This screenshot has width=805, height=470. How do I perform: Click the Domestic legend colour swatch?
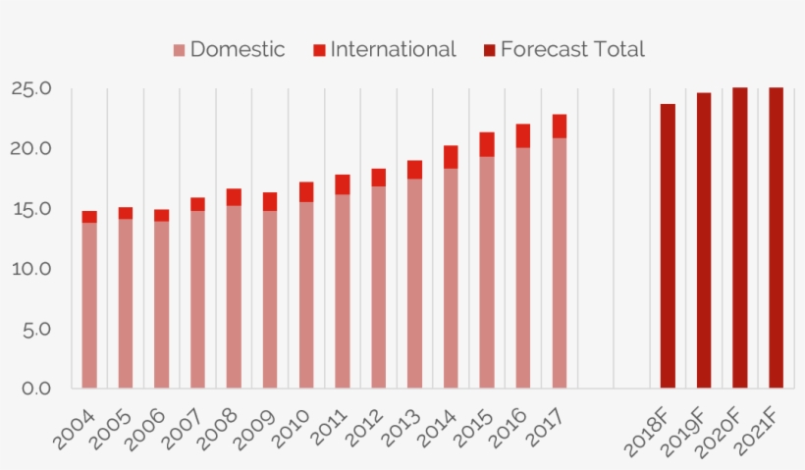tap(179, 50)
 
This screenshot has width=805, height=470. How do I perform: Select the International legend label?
tap(393, 49)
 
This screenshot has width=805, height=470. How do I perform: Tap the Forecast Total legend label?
tap(571, 49)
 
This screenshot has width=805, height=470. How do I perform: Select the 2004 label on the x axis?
tap(75, 429)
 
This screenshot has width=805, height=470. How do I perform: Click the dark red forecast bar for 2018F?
tap(668, 245)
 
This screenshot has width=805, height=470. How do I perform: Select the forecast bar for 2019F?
tap(704, 240)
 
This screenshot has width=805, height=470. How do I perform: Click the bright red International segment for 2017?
tap(559, 126)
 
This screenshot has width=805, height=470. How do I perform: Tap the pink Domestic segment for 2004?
tap(89, 305)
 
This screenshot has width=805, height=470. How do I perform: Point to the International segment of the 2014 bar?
tap(451, 157)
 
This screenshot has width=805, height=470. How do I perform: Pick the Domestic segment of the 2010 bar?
tap(306, 294)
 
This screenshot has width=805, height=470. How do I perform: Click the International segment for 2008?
tap(234, 196)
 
